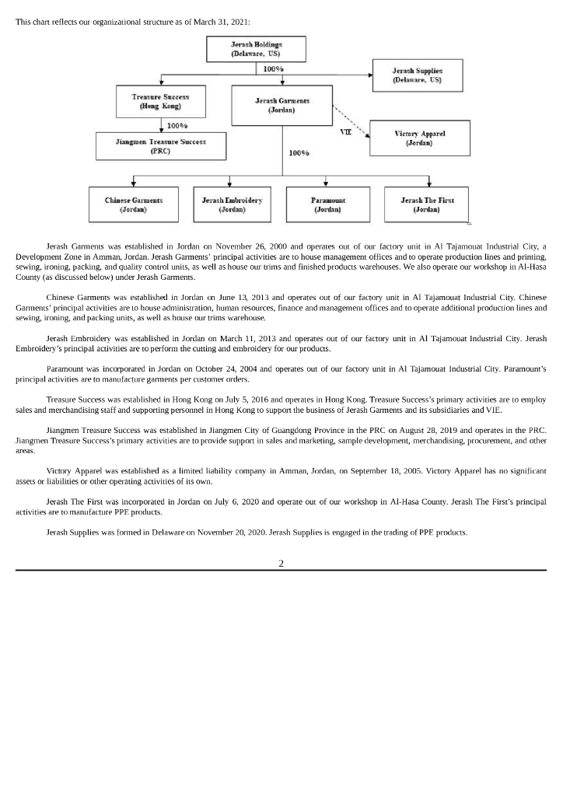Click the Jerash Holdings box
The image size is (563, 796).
coord(256,49)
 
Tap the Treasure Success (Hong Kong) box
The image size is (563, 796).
coord(161,102)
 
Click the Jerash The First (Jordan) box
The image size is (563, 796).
coord(426,204)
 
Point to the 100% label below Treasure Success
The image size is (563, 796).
coord(178,125)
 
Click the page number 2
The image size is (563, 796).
coord(281,563)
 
